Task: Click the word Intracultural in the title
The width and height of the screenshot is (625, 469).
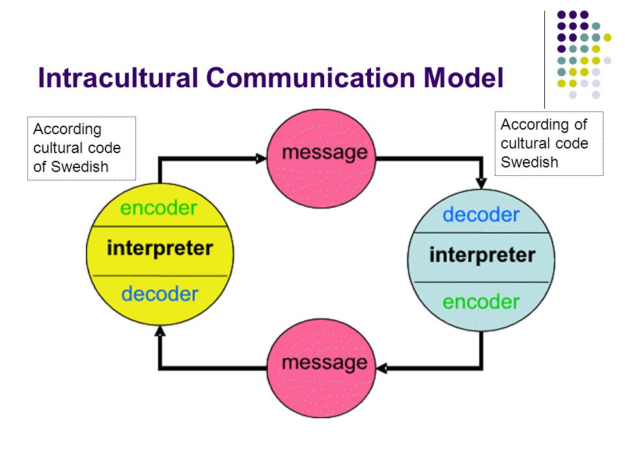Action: [x=118, y=78]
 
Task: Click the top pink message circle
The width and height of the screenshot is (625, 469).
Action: [x=321, y=159]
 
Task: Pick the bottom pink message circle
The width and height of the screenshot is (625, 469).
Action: [x=321, y=368]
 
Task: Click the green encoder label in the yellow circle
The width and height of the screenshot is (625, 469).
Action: [x=159, y=208]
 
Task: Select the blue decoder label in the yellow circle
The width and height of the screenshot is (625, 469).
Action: [x=160, y=294]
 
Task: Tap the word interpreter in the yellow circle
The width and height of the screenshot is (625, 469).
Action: [x=160, y=248]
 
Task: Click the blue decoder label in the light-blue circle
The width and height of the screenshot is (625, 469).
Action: [x=481, y=214]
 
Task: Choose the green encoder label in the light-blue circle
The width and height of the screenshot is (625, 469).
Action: [x=481, y=302]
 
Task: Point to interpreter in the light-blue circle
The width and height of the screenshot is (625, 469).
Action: [x=482, y=255]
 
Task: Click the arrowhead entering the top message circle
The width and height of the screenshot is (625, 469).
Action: [x=261, y=159]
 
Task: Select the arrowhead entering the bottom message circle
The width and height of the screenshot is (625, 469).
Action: [x=382, y=368]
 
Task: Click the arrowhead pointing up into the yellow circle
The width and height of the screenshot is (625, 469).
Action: [x=160, y=331]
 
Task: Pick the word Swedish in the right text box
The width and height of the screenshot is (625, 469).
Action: [x=529, y=162]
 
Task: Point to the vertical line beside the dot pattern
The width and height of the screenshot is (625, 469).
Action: [x=544, y=59]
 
